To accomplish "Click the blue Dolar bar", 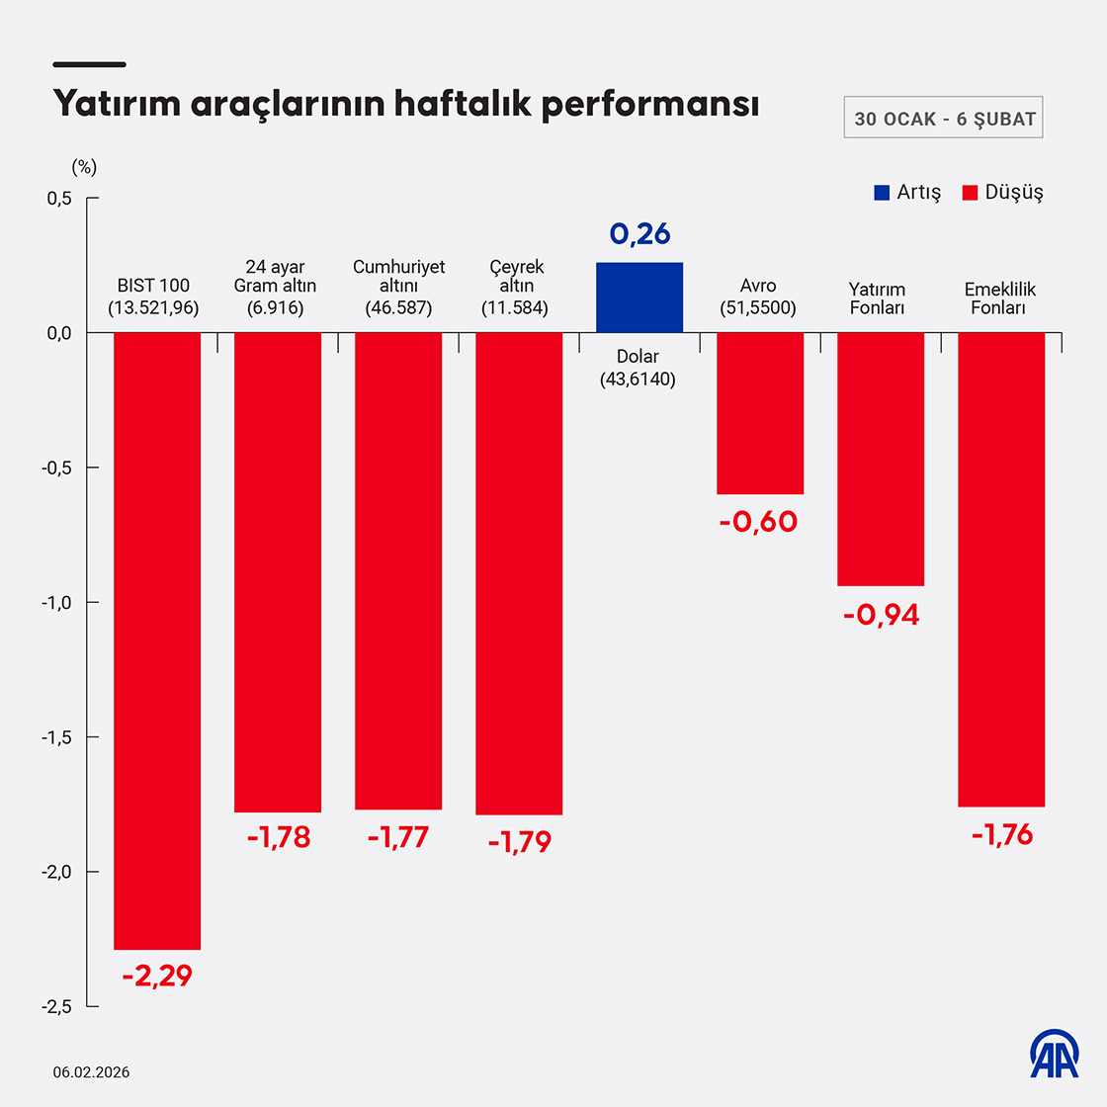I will (x=639, y=297).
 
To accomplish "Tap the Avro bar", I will (x=759, y=413).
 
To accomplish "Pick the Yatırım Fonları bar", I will (x=880, y=460).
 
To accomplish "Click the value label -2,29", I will (x=157, y=976).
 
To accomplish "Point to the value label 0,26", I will (x=639, y=233).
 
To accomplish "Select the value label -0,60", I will (x=758, y=521).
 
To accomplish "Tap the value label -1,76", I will (x=1001, y=835).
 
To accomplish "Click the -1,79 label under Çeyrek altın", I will (x=519, y=842).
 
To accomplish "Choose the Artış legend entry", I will (x=907, y=192).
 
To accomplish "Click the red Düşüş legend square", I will (x=970, y=192).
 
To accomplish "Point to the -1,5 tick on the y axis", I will (x=56, y=736).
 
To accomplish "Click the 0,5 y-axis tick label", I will (x=59, y=198).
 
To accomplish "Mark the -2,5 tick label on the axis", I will (x=56, y=1006).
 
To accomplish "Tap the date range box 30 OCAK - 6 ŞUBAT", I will (x=943, y=119).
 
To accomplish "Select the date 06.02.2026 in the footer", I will (x=91, y=1072).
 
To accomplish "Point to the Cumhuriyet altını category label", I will (x=398, y=287).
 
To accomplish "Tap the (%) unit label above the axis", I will (x=84, y=167).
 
